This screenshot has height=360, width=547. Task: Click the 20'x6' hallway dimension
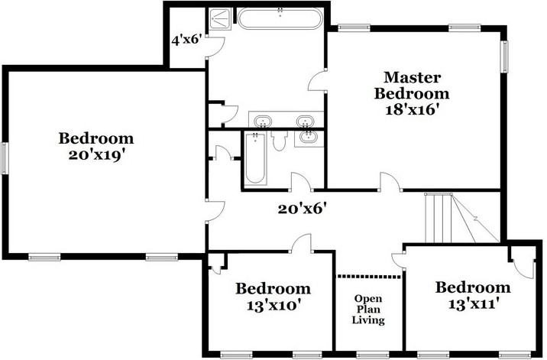[303, 207]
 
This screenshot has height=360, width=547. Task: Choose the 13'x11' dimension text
[473, 303]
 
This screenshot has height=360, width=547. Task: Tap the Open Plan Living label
[368, 310]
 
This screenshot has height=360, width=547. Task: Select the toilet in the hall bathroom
[279, 141]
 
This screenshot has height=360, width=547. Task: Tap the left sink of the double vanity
[263, 121]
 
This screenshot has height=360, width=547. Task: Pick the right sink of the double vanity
[306, 121]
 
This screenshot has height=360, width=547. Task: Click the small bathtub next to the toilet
[255, 158]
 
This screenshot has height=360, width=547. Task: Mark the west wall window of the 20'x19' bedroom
[5, 159]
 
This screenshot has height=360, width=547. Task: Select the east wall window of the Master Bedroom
[504, 56]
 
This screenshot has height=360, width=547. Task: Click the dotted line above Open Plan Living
[368, 276]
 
